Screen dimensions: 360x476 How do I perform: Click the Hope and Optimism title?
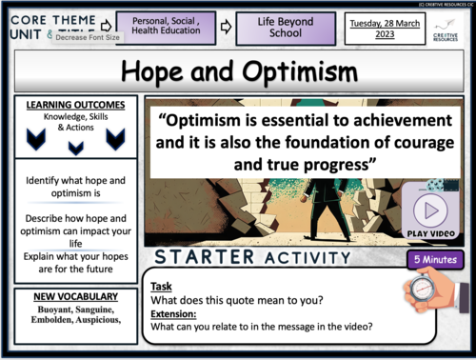pos(238,73)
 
